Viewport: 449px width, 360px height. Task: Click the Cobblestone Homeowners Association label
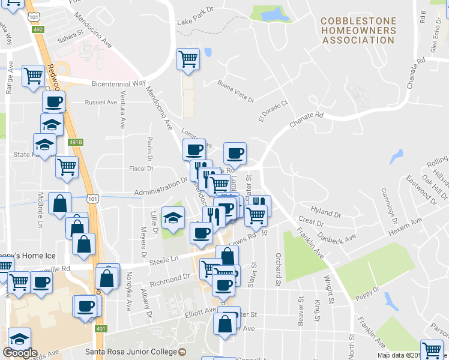coord(359,31)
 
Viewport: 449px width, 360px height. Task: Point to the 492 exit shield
coord(38,29)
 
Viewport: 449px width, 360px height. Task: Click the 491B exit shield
coord(75,142)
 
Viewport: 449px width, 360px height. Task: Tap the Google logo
coord(20,353)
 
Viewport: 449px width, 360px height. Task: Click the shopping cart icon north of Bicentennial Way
coord(188,59)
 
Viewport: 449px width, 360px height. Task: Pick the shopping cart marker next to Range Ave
coord(33,76)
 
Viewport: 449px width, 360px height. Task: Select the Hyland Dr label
coord(326,213)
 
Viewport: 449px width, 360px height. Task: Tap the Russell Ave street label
coord(101,102)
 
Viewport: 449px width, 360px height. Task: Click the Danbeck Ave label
coord(337,241)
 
